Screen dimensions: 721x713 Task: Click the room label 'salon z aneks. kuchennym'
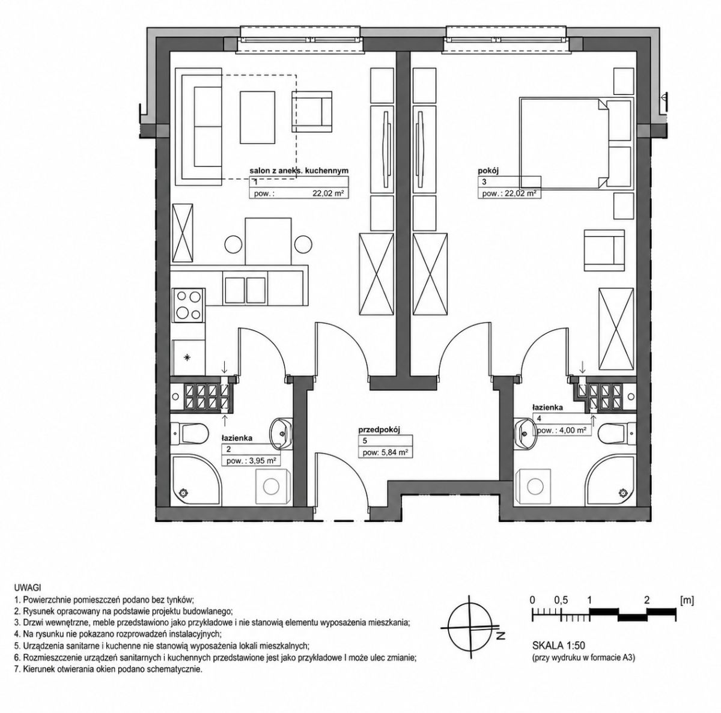[x=299, y=171]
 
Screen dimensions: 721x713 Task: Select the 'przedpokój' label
[x=379, y=430]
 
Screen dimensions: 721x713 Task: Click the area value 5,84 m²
[x=397, y=453]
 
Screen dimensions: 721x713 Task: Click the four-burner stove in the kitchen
[x=188, y=305]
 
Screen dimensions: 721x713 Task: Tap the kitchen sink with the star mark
[x=188, y=357]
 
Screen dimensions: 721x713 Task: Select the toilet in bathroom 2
[x=189, y=433]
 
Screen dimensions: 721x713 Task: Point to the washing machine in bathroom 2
[x=271, y=486]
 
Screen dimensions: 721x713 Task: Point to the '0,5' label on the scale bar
[x=561, y=601]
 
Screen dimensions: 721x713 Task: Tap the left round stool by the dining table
[x=234, y=244]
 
